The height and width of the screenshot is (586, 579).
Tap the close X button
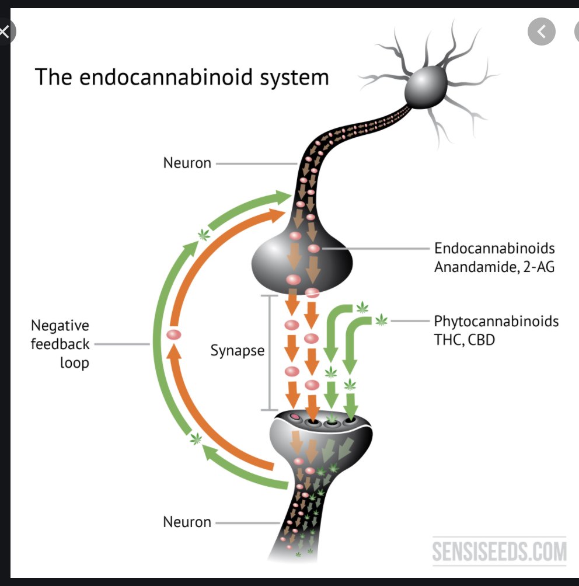pyautogui.click(x=4, y=32)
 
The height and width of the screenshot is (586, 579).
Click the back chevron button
pyautogui.click(x=542, y=32)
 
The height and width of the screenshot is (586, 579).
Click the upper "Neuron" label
pyautogui.click(x=187, y=163)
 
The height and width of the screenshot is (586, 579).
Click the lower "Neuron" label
pyautogui.click(x=187, y=522)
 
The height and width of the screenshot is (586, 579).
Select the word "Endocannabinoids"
pyautogui.click(x=494, y=248)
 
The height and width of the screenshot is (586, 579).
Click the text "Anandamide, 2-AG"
pyautogui.click(x=494, y=268)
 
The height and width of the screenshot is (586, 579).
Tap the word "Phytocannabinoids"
pyautogui.click(x=496, y=321)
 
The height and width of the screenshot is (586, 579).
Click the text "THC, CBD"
pyautogui.click(x=465, y=339)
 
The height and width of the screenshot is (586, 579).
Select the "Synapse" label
pyautogui.click(x=238, y=351)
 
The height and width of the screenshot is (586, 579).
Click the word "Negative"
pyautogui.click(x=60, y=326)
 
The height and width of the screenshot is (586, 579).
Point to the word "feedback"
pyautogui.click(x=60, y=344)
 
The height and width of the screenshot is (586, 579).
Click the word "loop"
pyautogui.click(x=74, y=362)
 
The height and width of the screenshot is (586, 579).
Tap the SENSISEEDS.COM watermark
pyautogui.click(x=500, y=550)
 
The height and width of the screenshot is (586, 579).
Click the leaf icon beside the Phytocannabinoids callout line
pyautogui.click(x=381, y=320)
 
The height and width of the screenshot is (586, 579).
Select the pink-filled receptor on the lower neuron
pyautogui.click(x=295, y=417)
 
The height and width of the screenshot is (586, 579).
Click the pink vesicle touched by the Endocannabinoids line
pyautogui.click(x=314, y=249)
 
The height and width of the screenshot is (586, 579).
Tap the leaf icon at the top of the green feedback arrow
pyautogui.click(x=203, y=235)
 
